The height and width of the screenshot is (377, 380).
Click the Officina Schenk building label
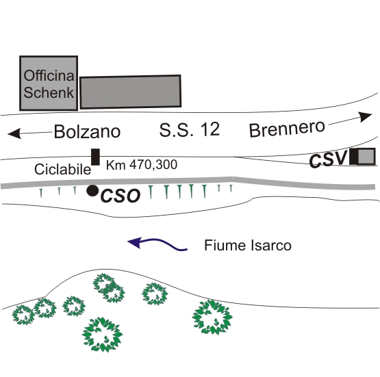[x=49, y=84]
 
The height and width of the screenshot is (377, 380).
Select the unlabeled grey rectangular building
[x=130, y=92]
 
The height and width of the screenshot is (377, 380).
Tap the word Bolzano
[x=87, y=132]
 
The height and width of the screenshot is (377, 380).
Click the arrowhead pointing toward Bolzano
[x=14, y=134]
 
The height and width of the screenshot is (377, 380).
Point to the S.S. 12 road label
[x=190, y=129]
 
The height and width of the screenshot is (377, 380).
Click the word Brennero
[x=287, y=129]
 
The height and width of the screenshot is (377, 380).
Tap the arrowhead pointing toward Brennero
[x=365, y=117]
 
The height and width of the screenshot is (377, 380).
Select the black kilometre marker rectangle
[x=95, y=157]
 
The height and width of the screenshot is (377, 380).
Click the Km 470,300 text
[x=142, y=165]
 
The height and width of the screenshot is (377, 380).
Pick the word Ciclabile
[x=62, y=169]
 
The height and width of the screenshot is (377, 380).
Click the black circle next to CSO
[x=92, y=191]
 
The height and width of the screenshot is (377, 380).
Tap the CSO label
[x=121, y=196]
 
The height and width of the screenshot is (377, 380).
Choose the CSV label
[x=329, y=159]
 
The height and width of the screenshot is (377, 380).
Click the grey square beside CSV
[x=366, y=157]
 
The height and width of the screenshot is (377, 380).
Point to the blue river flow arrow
[x=157, y=244]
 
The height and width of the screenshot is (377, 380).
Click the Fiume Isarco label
[x=248, y=245]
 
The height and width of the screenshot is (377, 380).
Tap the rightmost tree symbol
[x=212, y=317]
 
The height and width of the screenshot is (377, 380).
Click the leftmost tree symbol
[x=23, y=315]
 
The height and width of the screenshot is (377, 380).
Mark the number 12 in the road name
[x=211, y=129]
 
